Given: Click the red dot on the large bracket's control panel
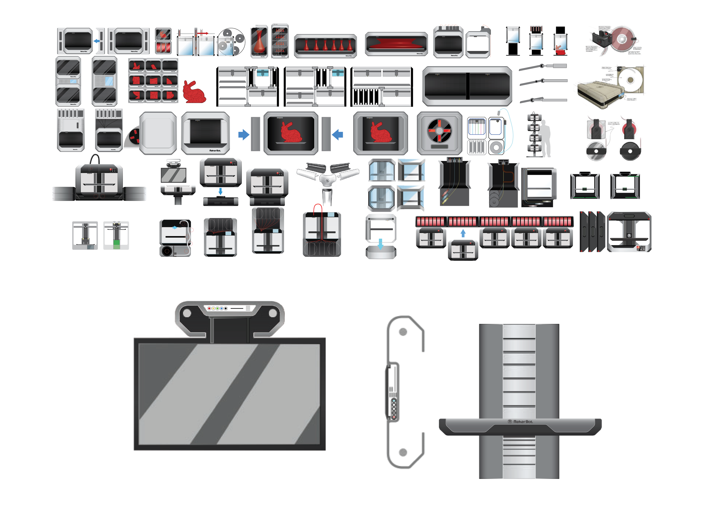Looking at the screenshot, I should click(x=209, y=308).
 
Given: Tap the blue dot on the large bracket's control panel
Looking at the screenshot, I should click(x=222, y=308).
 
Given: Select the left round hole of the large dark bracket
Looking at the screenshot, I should click(x=187, y=314).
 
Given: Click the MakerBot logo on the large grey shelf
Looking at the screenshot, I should click(x=520, y=422).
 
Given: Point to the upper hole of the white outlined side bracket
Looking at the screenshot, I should click(x=403, y=332).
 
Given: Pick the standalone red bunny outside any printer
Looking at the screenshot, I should click(x=194, y=92).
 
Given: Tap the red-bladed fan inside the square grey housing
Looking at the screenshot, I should click(x=439, y=130).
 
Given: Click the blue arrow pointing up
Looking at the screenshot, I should click(x=463, y=233).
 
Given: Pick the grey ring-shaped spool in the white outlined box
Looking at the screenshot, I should click(x=496, y=147).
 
